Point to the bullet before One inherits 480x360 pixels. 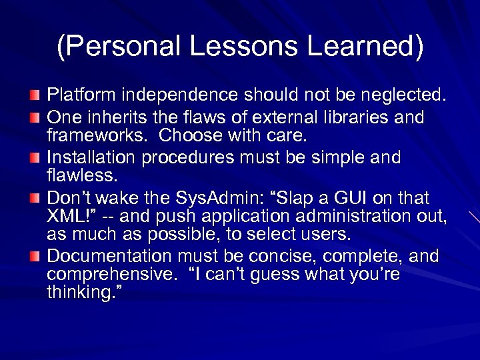[x=35, y=118]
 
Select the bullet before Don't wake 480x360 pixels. [x=35, y=199]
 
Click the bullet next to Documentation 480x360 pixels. [x=35, y=257]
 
